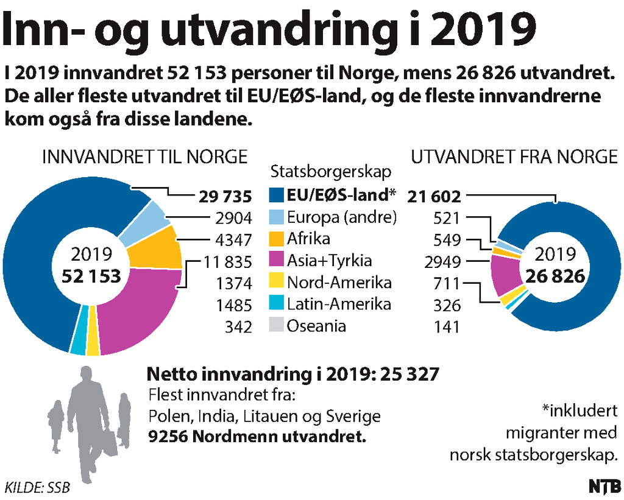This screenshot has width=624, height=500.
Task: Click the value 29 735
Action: point(225,197)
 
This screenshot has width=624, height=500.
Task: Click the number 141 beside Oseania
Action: point(447,327)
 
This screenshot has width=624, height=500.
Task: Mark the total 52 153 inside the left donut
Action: point(91,275)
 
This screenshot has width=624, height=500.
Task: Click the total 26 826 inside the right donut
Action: point(556,275)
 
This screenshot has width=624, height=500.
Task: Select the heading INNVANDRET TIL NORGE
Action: point(144,157)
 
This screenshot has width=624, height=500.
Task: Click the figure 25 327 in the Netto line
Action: point(409,373)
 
